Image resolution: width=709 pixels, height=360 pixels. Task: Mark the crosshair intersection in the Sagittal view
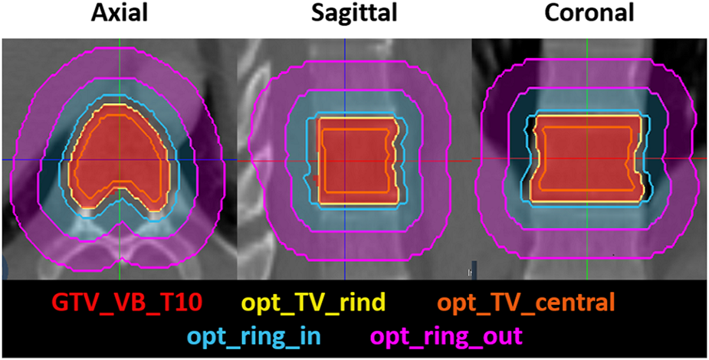tap(345, 162)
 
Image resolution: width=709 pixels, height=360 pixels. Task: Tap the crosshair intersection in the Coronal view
tap(588, 158)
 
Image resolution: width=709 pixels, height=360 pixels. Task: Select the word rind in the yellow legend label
tap(364, 303)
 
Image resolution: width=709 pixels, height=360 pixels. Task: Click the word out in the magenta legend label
tap(504, 335)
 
